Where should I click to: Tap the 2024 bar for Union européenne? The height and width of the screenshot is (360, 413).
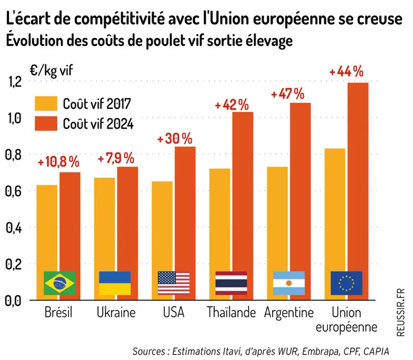pos(357,177)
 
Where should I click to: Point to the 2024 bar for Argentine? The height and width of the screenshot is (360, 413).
pos(300,188)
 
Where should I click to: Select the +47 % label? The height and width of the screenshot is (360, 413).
pos(287,93)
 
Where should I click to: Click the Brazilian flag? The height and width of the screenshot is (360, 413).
pos(59,283)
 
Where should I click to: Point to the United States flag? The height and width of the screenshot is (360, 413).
pos(174,283)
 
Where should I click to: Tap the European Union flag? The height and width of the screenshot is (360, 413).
pos(346,283)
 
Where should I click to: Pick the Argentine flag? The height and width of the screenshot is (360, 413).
pos(289,283)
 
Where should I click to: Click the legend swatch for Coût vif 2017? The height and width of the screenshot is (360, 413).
pos(46,103)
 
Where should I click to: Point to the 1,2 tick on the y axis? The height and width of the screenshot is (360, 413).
pos(14,82)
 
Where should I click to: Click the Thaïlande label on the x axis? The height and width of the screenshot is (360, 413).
pos(231,313)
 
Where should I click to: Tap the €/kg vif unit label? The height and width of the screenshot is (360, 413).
pos(51,70)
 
